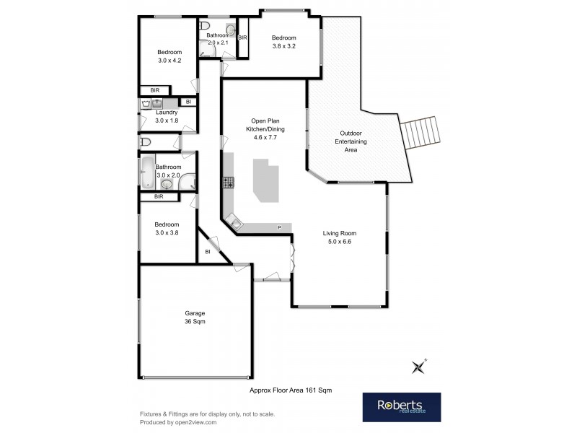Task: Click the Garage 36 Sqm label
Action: tap(195, 318)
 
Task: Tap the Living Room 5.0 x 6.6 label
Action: tap(339, 237)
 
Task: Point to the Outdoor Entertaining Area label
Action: tap(351, 141)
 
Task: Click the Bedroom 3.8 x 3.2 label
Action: tap(283, 42)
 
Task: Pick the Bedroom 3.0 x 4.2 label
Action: tap(170, 56)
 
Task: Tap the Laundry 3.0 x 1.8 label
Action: tap(167, 116)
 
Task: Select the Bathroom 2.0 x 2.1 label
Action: tap(217, 39)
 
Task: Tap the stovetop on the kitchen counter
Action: tap(229, 183)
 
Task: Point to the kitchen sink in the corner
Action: tap(236, 224)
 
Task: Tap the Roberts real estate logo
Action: tap(401, 407)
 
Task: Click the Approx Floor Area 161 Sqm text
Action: tap(290, 390)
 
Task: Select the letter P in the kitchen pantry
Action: tap(279, 228)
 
